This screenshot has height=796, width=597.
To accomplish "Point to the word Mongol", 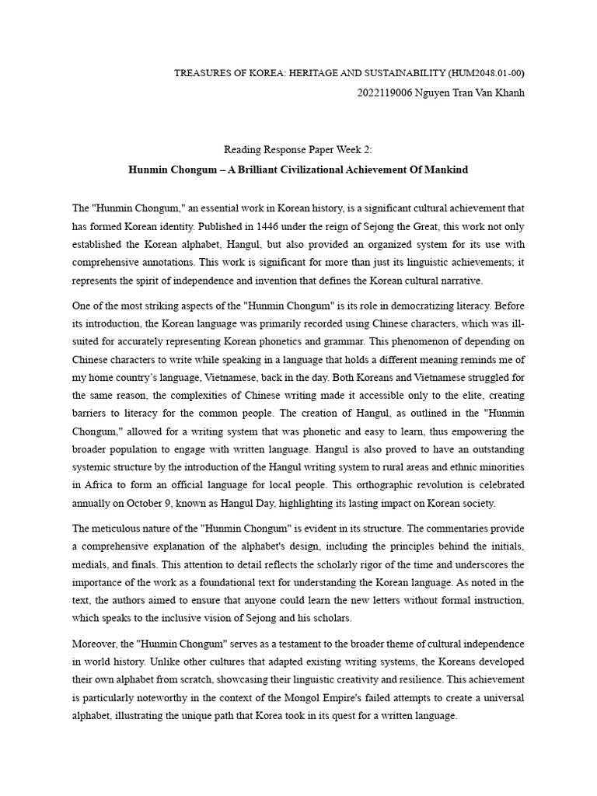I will coord(305,698).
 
